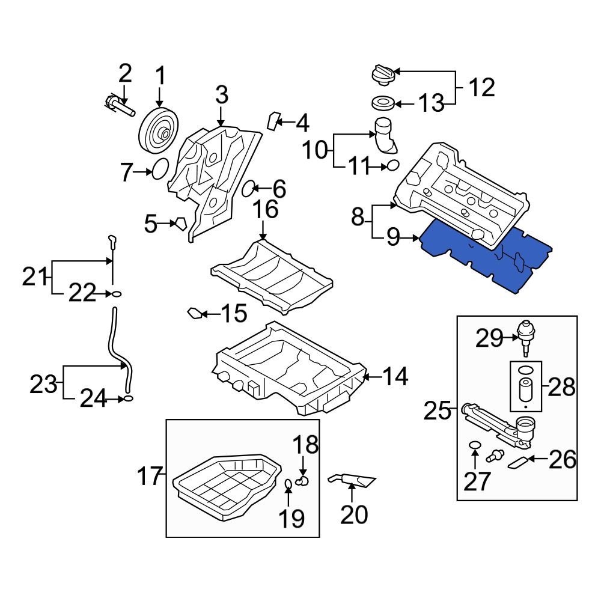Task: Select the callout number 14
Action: [x=395, y=376]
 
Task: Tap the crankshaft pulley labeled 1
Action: [x=158, y=130]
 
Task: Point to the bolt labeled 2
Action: [x=119, y=105]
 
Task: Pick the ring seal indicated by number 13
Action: [x=383, y=103]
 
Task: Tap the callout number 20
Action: [x=354, y=515]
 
